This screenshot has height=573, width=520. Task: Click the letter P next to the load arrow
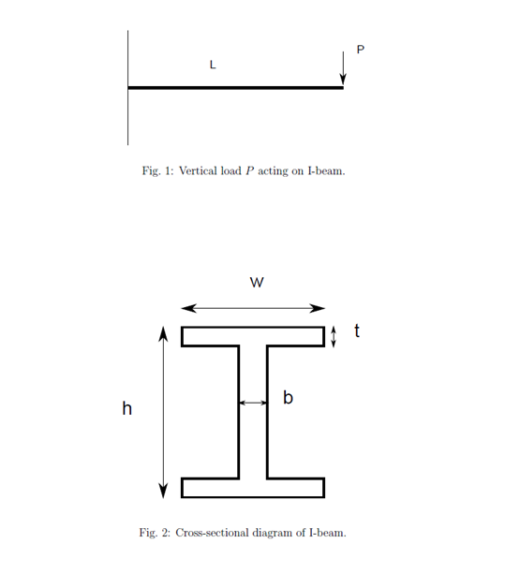coord(360,50)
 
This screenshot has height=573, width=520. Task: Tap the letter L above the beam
coord(213,65)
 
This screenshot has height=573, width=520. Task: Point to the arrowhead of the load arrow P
coord(343,80)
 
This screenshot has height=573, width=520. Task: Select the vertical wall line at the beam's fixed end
coord(128,88)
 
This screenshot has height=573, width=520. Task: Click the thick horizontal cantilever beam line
coord(235,88)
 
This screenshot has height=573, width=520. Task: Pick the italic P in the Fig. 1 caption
coord(250,170)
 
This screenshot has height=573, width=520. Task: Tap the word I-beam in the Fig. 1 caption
coord(326,170)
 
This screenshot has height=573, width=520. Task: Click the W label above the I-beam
coord(257,282)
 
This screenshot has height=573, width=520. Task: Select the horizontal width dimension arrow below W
coord(253,308)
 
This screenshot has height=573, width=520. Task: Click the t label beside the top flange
coord(357,331)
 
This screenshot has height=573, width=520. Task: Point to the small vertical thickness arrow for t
coord(334,337)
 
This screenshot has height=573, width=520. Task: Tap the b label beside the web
coord(289,397)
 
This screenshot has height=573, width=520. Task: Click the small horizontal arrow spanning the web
coord(253,403)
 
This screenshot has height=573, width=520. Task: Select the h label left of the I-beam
coord(126,408)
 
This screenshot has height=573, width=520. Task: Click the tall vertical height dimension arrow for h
coord(163,412)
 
